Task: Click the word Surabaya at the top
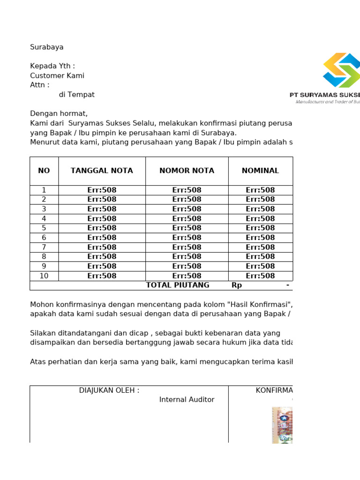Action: tap(47, 47)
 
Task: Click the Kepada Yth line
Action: tap(52, 66)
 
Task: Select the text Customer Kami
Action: tap(57, 76)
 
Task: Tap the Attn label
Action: tap(39, 85)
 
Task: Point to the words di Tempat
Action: tap(76, 95)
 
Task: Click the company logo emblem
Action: tap(341, 70)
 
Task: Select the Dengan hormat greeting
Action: tap(59, 113)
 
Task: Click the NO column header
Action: tap(44, 171)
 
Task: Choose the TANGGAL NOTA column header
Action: tap(102, 171)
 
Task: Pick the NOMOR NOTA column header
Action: tap(187, 171)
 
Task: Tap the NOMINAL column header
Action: tap(260, 171)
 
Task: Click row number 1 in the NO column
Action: tap(44, 190)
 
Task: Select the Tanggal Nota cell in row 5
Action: tap(102, 228)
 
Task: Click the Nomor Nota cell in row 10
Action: tap(187, 276)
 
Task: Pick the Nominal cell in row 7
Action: tap(260, 247)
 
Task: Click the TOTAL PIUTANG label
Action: tap(178, 285)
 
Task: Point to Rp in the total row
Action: tap(237, 285)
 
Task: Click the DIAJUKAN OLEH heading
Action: tap(109, 390)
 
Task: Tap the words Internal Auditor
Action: tap(187, 400)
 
